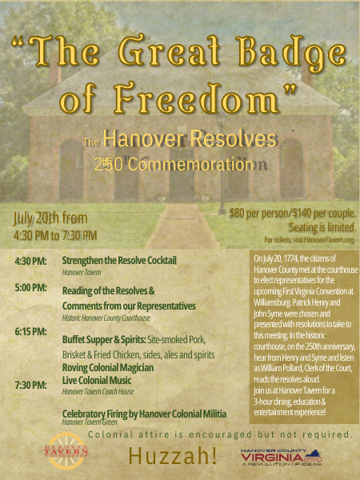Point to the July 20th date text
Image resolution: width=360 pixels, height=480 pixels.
[50, 218]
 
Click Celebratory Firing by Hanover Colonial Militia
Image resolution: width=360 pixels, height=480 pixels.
[144, 413]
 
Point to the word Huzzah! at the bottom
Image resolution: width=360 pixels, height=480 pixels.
[172, 456]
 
